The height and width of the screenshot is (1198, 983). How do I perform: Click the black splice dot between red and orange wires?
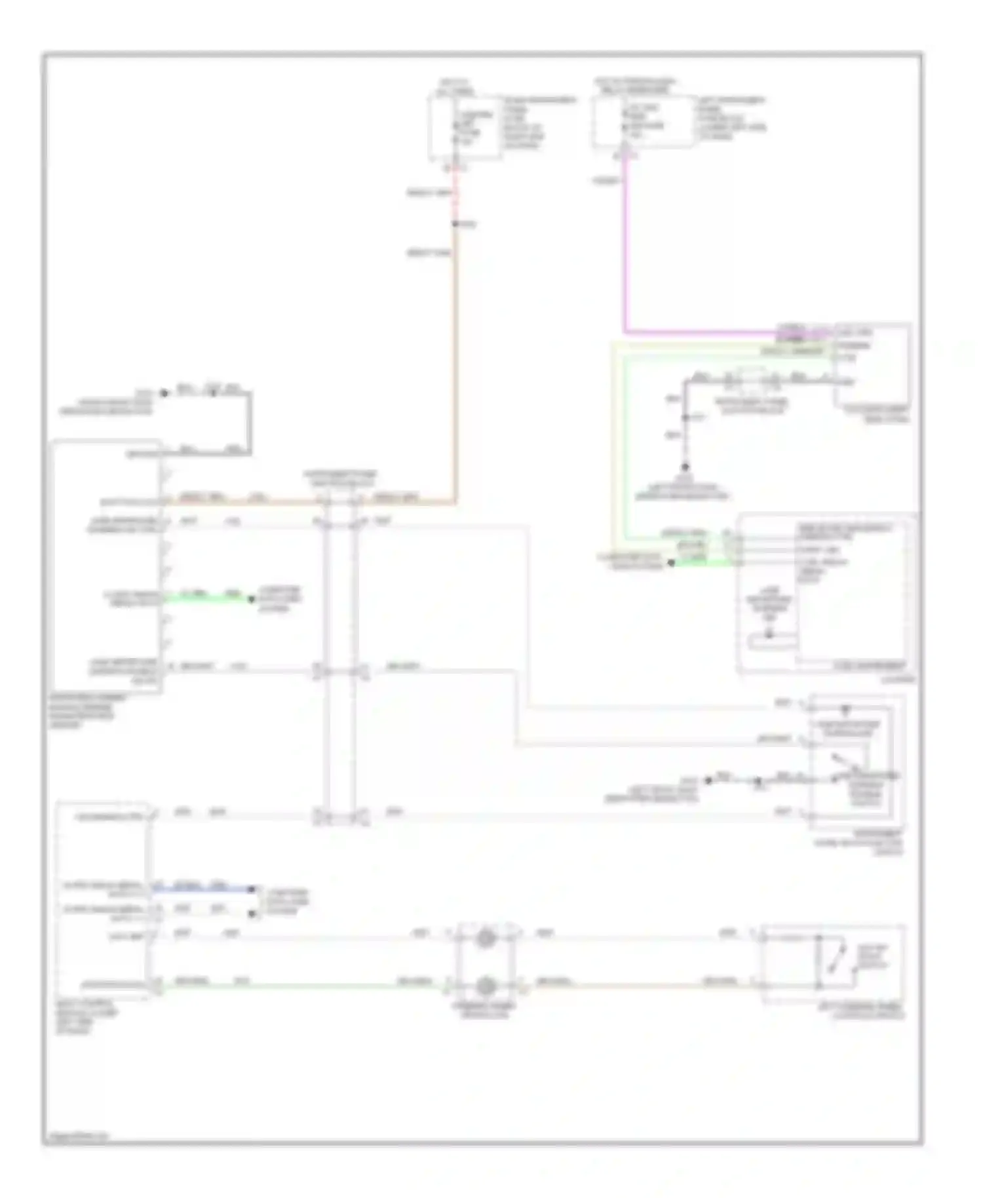(455, 224)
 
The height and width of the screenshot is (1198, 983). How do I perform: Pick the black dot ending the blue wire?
(252, 889)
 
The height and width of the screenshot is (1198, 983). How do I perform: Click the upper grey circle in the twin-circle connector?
(486, 938)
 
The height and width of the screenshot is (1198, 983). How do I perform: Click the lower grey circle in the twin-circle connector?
(486, 986)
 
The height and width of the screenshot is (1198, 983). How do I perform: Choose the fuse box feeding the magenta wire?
(644, 121)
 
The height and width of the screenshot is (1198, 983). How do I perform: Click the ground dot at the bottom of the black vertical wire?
(685, 467)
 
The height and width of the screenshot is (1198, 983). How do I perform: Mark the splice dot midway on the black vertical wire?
(685, 417)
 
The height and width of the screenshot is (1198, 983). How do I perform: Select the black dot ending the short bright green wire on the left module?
(251, 599)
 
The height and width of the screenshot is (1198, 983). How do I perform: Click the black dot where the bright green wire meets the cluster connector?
(671, 563)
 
